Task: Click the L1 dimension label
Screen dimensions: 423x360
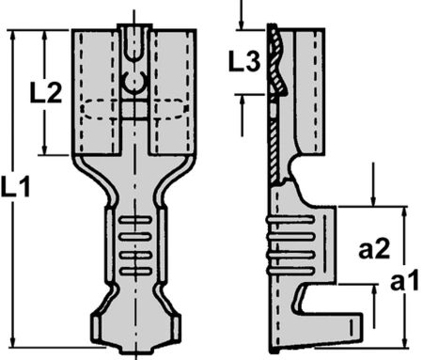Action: (16, 187)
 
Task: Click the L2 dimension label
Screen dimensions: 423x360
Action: (46, 93)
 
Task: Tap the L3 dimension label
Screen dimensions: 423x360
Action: (244, 61)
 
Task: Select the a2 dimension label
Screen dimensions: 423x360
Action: (374, 249)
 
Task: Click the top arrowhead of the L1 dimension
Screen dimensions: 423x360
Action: (12, 36)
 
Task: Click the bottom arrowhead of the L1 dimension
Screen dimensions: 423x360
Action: (12, 341)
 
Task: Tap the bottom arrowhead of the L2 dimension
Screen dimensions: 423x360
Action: (45, 149)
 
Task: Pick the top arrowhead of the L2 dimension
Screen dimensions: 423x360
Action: (45, 36)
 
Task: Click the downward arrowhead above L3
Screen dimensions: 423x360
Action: (241, 24)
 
